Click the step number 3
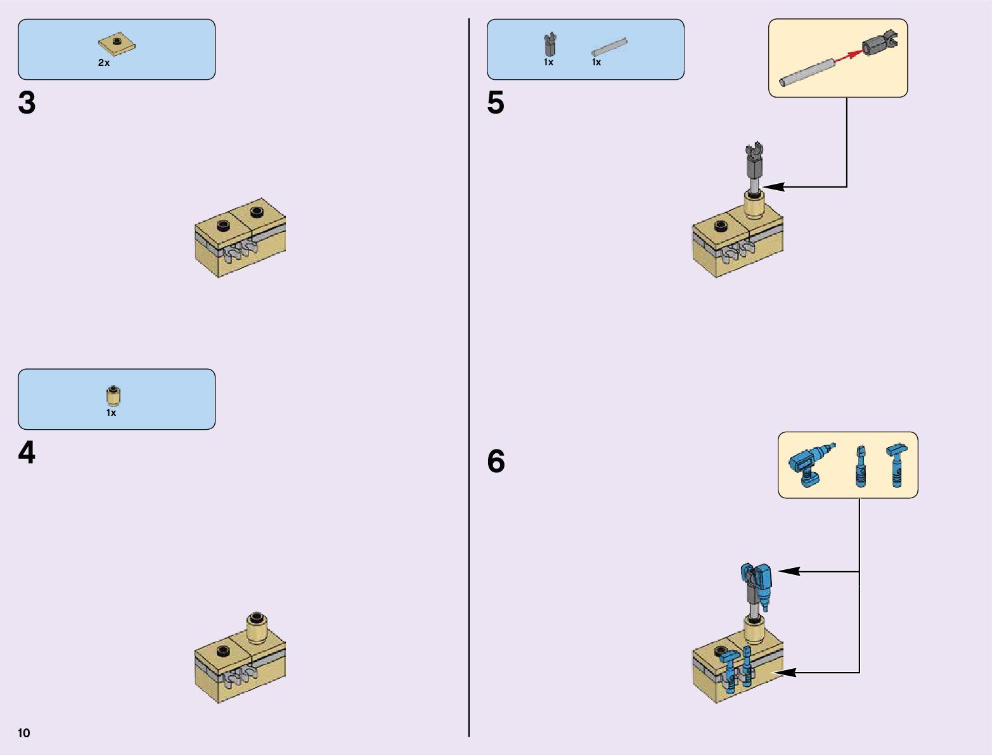(x=27, y=103)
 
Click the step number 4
(x=27, y=453)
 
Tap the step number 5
(x=496, y=103)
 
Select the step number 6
(x=496, y=461)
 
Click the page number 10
(x=24, y=733)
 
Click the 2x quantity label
(x=104, y=63)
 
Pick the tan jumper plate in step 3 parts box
(x=117, y=44)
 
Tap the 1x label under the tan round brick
(x=111, y=413)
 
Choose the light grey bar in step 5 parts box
(x=609, y=48)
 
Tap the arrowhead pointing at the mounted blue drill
(x=787, y=572)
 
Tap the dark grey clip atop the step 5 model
(x=754, y=158)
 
